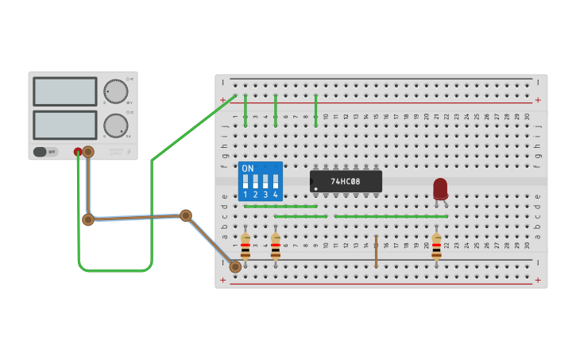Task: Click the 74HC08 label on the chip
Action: [346, 181]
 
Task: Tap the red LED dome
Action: [440, 188]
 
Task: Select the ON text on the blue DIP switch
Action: [248, 168]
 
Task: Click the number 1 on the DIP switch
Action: [245, 195]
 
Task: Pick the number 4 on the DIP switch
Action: [276, 195]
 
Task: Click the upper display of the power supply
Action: [64, 91]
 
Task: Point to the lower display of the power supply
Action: [64, 125]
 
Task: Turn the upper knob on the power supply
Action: [116, 91]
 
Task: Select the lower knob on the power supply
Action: [116, 126]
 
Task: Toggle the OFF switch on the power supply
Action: [46, 152]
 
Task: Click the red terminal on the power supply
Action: [78, 151]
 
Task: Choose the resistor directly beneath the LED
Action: [436, 246]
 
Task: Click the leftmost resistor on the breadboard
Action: [245, 246]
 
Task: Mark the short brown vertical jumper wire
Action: [376, 251]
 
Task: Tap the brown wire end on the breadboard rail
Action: [235, 267]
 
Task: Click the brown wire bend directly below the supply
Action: [88, 219]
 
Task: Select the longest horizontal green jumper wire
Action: [391, 216]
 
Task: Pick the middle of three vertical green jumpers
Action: [276, 110]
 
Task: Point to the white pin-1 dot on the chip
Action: [316, 188]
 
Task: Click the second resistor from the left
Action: [276, 246]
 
